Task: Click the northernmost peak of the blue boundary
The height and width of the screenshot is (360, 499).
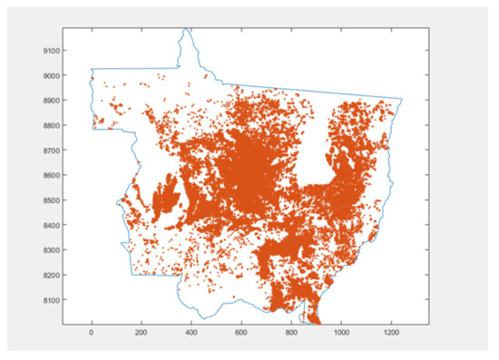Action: (x=187, y=29)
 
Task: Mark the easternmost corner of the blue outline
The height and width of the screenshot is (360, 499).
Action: (x=402, y=100)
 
